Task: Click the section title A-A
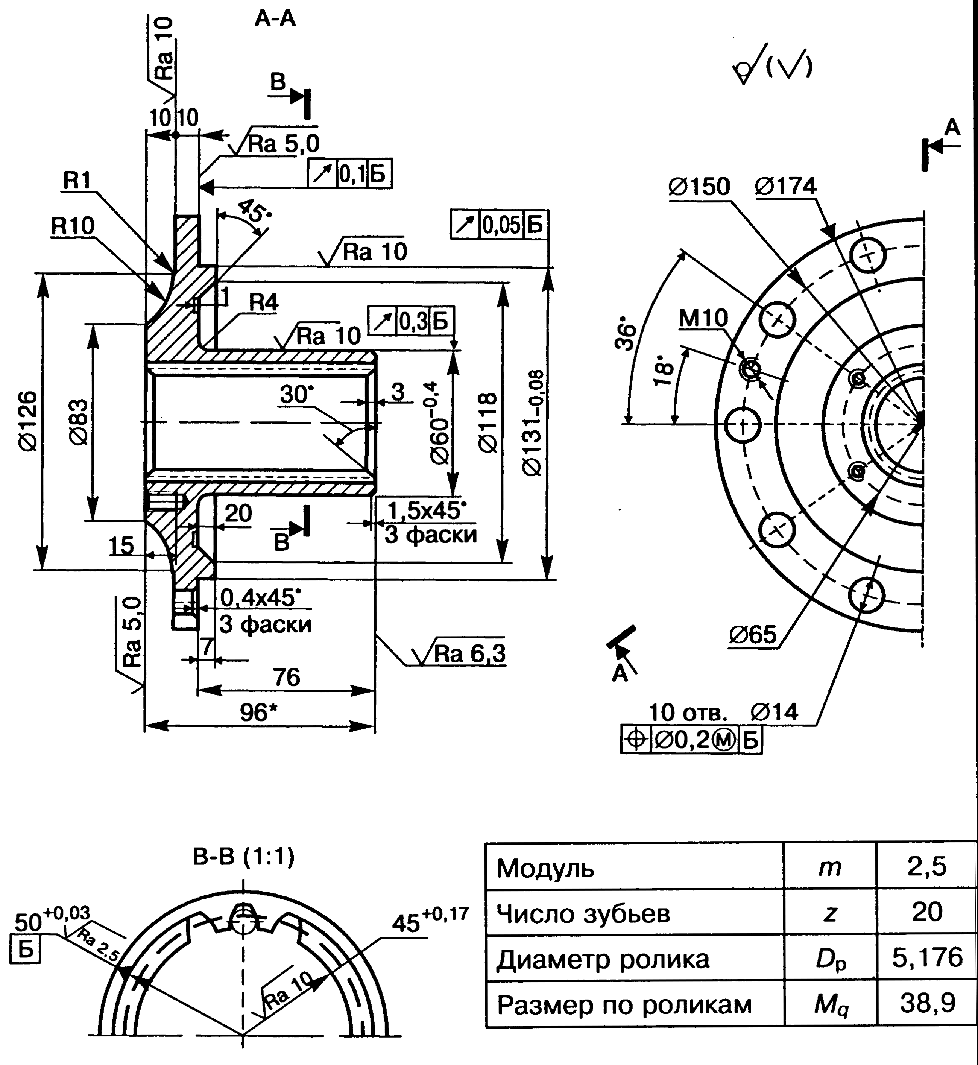[275, 19]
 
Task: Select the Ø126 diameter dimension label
[29, 421]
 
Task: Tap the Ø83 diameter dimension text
[78, 422]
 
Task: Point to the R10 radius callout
[73, 226]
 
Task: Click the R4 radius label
[263, 303]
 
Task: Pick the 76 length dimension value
[286, 678]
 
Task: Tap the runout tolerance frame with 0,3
[411, 321]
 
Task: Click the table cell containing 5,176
[927, 957]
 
